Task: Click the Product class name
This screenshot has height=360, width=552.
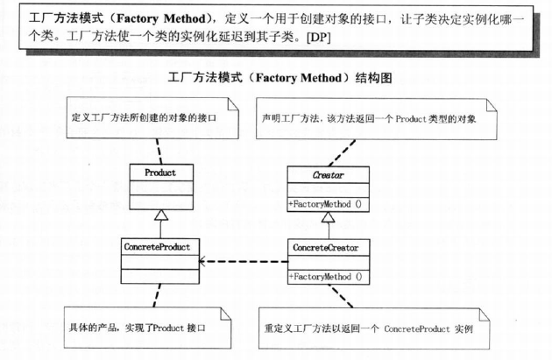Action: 159,173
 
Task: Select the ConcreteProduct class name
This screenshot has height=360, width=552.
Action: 158,246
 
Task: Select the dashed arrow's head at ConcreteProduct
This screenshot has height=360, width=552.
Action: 203,261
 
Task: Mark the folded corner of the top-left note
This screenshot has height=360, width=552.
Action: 230,103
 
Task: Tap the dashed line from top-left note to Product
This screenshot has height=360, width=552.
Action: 159,151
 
